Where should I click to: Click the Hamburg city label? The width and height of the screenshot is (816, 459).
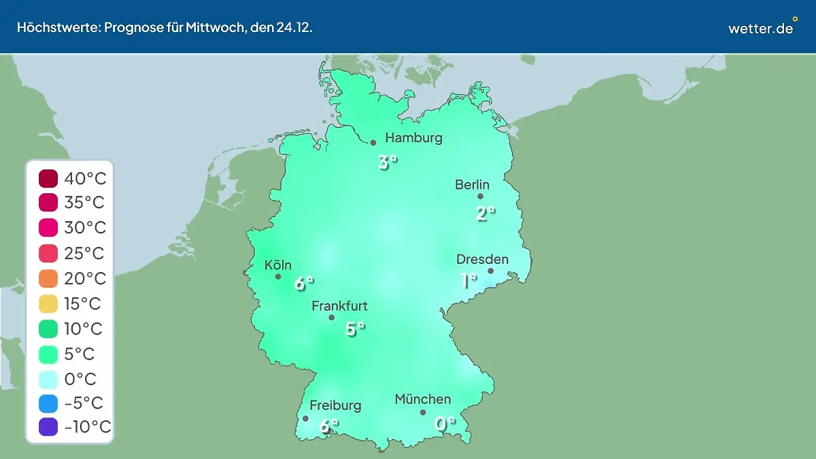coord(413,138)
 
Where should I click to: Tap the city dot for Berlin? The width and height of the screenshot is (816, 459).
coord(480,197)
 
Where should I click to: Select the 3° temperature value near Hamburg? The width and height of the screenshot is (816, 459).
coord(387,163)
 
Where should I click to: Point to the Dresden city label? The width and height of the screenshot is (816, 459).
coord(482,259)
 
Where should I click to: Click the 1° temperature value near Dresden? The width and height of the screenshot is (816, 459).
coord(468,280)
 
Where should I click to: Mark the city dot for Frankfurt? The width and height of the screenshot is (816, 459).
coord(332,318)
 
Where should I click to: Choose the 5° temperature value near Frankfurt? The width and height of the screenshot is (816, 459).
coord(354,329)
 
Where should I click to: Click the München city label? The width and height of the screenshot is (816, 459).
coord(422,399)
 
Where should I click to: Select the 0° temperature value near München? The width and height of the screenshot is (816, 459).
coord(445,424)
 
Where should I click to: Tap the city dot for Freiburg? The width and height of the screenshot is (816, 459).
coord(305,419)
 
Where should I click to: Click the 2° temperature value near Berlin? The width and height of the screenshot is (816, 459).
coord(484,214)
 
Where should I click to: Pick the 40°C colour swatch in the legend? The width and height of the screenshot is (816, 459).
coord(49,179)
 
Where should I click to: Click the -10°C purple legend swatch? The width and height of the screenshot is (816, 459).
coord(49,427)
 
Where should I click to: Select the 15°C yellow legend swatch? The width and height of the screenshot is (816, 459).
coord(49,303)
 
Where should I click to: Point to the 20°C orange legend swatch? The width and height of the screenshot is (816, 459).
coord(49,278)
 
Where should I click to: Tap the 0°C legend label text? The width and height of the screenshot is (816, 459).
coord(80,379)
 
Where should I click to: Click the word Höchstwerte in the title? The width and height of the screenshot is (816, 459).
coord(58,27)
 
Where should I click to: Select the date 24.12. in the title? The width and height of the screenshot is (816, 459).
coord(294,27)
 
